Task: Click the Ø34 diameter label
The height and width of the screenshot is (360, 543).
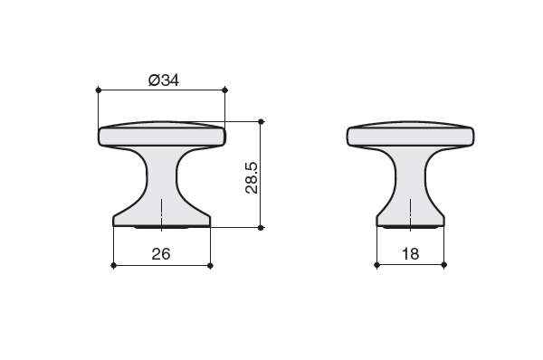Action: (x=164, y=81)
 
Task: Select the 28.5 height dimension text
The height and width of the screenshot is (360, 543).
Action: (x=252, y=177)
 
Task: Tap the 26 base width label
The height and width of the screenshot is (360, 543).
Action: (x=161, y=254)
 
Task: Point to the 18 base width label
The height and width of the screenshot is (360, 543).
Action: (x=410, y=254)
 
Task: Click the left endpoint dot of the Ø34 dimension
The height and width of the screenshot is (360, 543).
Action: (x=99, y=90)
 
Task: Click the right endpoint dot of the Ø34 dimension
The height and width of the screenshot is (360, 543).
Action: (x=224, y=90)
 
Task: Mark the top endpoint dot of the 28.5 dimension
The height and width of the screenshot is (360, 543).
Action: (x=262, y=121)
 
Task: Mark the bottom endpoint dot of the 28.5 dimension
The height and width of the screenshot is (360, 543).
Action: (x=262, y=227)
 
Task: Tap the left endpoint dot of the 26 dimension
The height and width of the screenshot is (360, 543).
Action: (x=113, y=266)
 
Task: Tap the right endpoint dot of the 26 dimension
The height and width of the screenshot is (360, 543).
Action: (x=210, y=266)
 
